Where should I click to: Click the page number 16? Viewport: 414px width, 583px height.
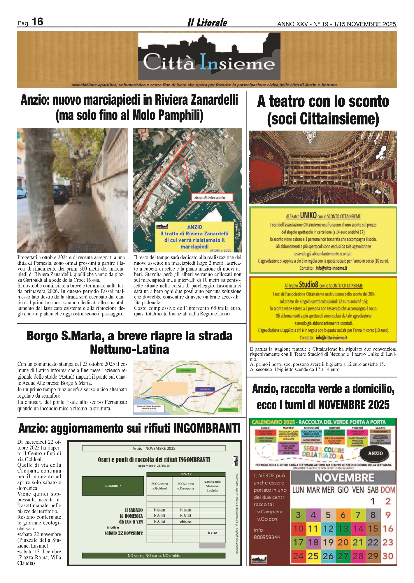pyautogui.click(x=37, y=22)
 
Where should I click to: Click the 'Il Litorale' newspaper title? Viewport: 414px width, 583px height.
pyautogui.click(x=207, y=22)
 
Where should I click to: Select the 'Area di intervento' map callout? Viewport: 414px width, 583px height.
pyautogui.click(x=210, y=198)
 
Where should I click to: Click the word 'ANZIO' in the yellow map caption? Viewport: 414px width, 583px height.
pyautogui.click(x=194, y=227)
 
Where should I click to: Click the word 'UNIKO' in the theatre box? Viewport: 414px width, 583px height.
pyautogui.click(x=308, y=215)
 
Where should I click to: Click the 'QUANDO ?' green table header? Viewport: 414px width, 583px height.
pyautogui.click(x=113, y=486)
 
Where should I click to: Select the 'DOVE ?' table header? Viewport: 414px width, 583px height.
pyautogui.click(x=186, y=474)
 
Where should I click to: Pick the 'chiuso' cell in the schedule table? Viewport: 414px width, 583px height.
pyautogui.click(x=186, y=521)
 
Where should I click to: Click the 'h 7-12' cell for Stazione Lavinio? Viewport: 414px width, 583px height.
pyautogui.click(x=212, y=533)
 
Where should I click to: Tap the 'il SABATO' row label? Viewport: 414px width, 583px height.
pyautogui.click(x=134, y=510)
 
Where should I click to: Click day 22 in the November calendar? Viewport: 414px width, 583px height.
pyautogui.click(x=373, y=542)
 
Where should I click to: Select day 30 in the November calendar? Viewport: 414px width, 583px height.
pyautogui.click(x=388, y=556)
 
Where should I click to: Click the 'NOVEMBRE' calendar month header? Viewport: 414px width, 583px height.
pyautogui.click(x=344, y=478)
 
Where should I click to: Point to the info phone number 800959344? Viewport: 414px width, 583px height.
pyautogui.click(x=267, y=537)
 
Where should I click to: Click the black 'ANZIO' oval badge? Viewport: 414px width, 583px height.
pyautogui.click(x=375, y=453)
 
